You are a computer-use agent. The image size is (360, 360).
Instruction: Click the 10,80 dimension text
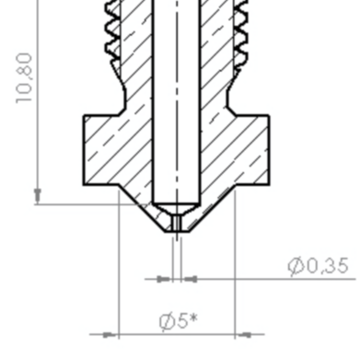(x=25, y=78)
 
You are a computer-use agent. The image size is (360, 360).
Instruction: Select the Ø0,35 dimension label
(x=319, y=265)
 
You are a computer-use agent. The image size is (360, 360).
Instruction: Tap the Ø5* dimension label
(x=179, y=321)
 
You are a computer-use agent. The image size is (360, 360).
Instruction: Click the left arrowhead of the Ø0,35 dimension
(x=165, y=279)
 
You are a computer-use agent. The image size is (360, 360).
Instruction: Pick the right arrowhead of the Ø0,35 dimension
(x=189, y=279)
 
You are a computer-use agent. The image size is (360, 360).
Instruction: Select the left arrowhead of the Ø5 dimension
(x=110, y=334)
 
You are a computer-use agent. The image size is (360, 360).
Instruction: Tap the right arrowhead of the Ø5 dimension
(x=243, y=334)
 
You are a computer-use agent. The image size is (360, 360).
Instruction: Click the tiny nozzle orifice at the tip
(x=177, y=223)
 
